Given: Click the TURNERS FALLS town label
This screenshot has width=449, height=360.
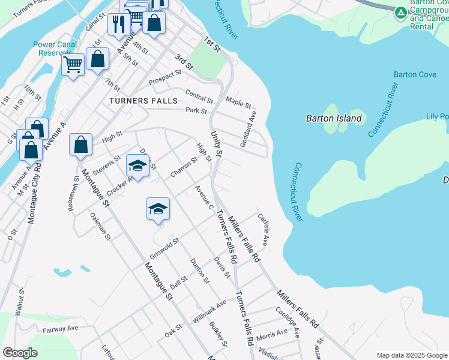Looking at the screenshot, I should coord(143,101).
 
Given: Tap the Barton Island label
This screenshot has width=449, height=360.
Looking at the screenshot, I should coord(334,118).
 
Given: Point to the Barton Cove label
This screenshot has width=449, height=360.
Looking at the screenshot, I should coord(411,74).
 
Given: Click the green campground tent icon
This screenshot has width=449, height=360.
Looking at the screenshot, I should coord(400,12).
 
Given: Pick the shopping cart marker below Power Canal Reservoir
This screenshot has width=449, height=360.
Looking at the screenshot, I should coord(73,64).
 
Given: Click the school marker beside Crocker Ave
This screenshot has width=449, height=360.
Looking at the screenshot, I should coord(137,166).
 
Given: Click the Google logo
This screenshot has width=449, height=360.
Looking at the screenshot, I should coord(20,353).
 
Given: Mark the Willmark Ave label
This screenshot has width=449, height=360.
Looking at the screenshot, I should coord(209,310).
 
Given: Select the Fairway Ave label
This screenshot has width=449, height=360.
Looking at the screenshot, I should coord(61,329).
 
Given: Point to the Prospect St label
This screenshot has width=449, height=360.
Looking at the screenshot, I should coord(165,77).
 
